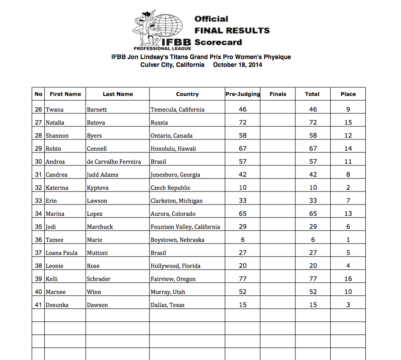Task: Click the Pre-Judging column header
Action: click(x=242, y=94)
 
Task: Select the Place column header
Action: click(x=348, y=94)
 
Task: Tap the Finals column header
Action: click(x=278, y=94)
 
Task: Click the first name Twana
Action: click(x=54, y=109)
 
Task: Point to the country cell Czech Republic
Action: click(x=170, y=188)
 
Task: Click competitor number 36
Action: click(x=39, y=240)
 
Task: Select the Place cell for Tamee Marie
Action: click(x=348, y=240)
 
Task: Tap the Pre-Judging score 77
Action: click(x=242, y=279)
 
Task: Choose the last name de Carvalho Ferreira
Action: click(x=114, y=162)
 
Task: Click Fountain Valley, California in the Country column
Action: click(x=185, y=227)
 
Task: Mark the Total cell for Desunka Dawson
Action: click(x=313, y=305)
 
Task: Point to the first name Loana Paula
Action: click(x=62, y=253)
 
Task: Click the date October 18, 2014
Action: click(x=238, y=65)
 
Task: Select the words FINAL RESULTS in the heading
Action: click(x=232, y=30)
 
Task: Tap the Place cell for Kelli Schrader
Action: click(x=348, y=279)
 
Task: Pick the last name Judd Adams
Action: click(x=103, y=175)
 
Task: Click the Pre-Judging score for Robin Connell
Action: click(x=242, y=149)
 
